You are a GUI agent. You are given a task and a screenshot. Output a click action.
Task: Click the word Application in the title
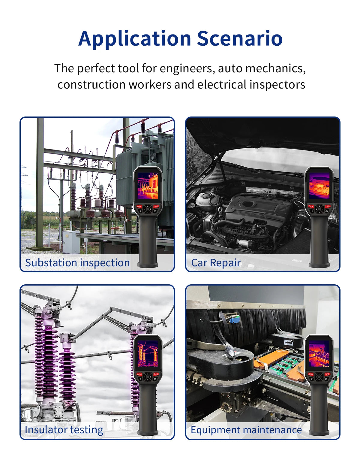click(x=134, y=39)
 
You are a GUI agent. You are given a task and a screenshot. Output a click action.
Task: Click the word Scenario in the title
click(x=240, y=38)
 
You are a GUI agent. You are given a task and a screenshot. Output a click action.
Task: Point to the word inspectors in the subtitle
click(x=277, y=84)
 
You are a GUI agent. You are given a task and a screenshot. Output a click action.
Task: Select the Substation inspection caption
click(x=77, y=263)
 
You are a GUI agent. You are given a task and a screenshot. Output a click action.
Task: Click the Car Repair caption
click(x=216, y=263)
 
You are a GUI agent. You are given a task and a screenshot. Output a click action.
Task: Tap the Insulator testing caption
click(x=64, y=430)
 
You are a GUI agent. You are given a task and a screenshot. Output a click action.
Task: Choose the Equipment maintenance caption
click(x=246, y=430)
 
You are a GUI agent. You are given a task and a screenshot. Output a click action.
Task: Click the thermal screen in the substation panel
click(x=148, y=186)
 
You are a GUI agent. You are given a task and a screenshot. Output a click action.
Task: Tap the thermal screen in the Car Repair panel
click(x=319, y=186)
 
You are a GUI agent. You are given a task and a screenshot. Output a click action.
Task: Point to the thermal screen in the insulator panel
click(x=148, y=353)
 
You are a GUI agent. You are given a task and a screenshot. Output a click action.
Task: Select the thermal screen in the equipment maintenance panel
click(x=319, y=353)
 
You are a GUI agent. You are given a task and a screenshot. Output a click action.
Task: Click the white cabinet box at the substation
click(x=71, y=242)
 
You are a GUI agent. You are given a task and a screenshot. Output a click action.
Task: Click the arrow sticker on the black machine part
click(x=289, y=342)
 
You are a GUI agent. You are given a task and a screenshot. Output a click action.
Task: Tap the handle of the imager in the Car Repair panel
click(x=319, y=241)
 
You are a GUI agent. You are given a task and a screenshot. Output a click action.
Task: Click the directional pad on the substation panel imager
click(x=148, y=209)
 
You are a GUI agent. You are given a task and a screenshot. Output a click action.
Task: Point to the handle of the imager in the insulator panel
click(x=148, y=409)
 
